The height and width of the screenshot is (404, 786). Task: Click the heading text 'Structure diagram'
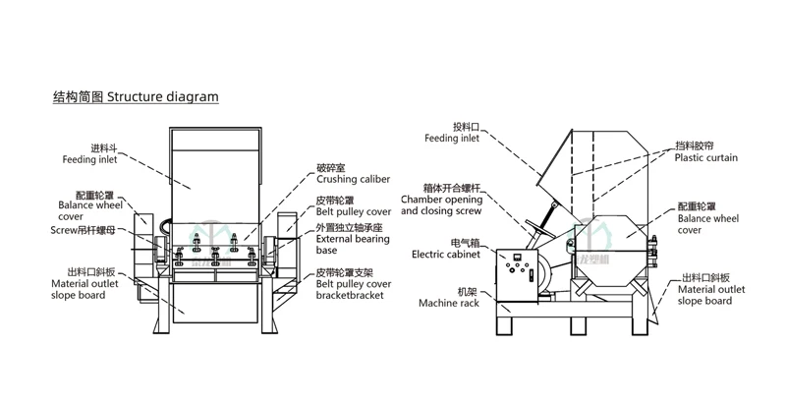pos(162,97)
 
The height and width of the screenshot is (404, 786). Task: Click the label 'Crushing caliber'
pos(353,180)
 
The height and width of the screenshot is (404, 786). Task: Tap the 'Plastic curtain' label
pos(705,157)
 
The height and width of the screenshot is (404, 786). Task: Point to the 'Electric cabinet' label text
pos(446,254)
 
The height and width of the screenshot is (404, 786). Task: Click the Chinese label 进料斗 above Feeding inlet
pos(104,148)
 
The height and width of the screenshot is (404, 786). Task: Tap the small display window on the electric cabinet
pos(513,259)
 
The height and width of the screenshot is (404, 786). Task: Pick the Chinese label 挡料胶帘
pos(694,145)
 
